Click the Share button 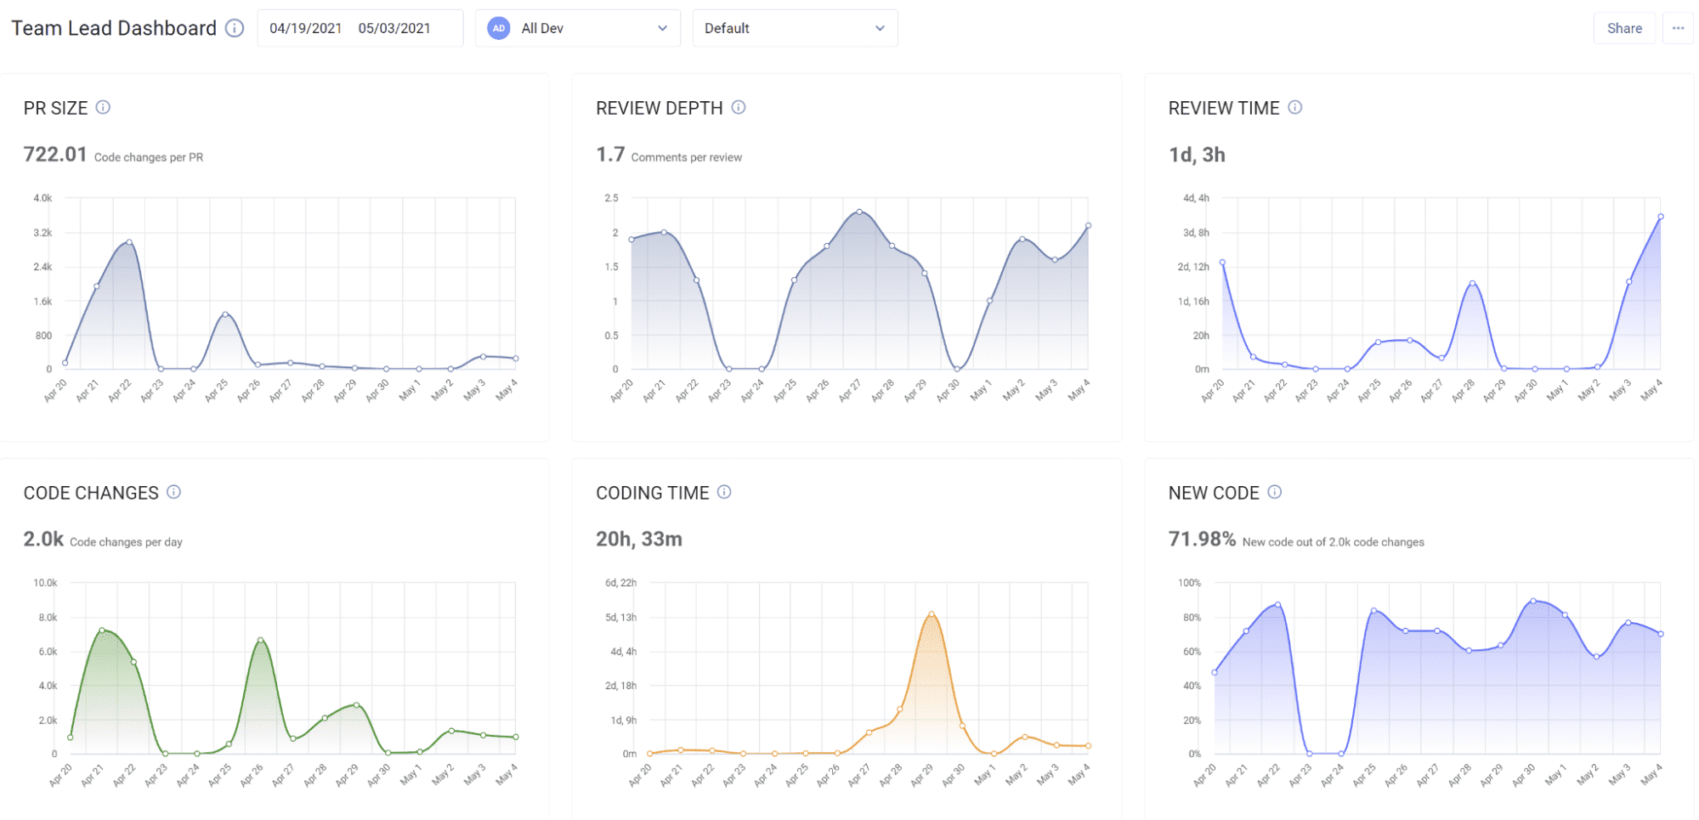pyautogui.click(x=1623, y=28)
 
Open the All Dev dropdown pyautogui.click(x=577, y=28)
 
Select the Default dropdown pyautogui.click(x=795, y=28)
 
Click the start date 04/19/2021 pyautogui.click(x=305, y=28)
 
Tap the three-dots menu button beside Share pyautogui.click(x=1678, y=28)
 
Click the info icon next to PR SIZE pyautogui.click(x=103, y=107)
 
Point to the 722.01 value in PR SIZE pyautogui.click(x=55, y=155)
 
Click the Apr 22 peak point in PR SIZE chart pyautogui.click(x=129, y=242)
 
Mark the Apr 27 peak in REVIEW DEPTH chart pyautogui.click(x=859, y=212)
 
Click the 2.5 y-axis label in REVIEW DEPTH pyautogui.click(x=611, y=198)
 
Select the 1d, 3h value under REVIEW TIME pyautogui.click(x=1197, y=155)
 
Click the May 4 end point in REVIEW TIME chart pyautogui.click(x=1661, y=217)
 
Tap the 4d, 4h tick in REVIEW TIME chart pyautogui.click(x=1196, y=198)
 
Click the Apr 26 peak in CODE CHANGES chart pyautogui.click(x=260, y=640)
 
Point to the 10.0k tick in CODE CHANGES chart pyautogui.click(x=45, y=583)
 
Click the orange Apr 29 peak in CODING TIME pyautogui.click(x=932, y=614)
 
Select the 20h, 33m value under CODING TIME pyautogui.click(x=638, y=540)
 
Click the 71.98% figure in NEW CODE pyautogui.click(x=1202, y=540)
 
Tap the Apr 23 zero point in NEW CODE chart pyautogui.click(x=1310, y=754)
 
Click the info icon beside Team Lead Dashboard pyautogui.click(x=235, y=28)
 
